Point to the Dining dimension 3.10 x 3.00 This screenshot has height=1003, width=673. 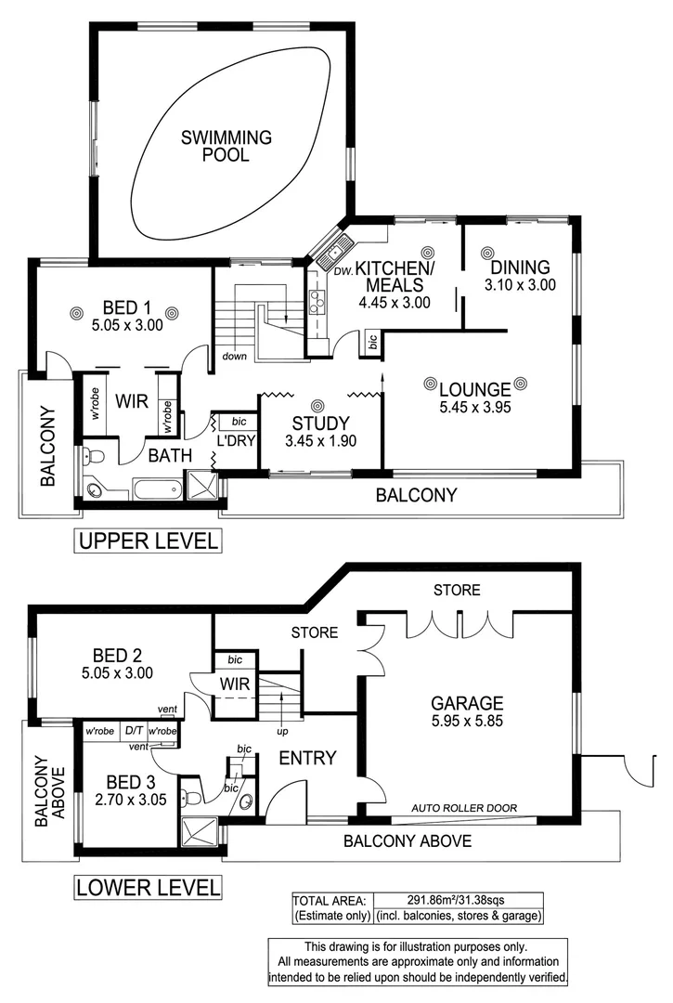click(520, 285)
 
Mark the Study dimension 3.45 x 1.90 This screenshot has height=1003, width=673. click(320, 441)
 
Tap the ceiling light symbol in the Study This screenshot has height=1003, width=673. click(318, 405)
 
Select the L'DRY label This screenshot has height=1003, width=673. click(237, 440)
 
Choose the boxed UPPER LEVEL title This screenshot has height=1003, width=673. click(149, 541)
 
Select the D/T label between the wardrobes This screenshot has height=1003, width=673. click(134, 731)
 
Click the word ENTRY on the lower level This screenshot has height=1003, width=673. click(307, 759)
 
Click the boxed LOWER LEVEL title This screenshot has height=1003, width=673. click(149, 887)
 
